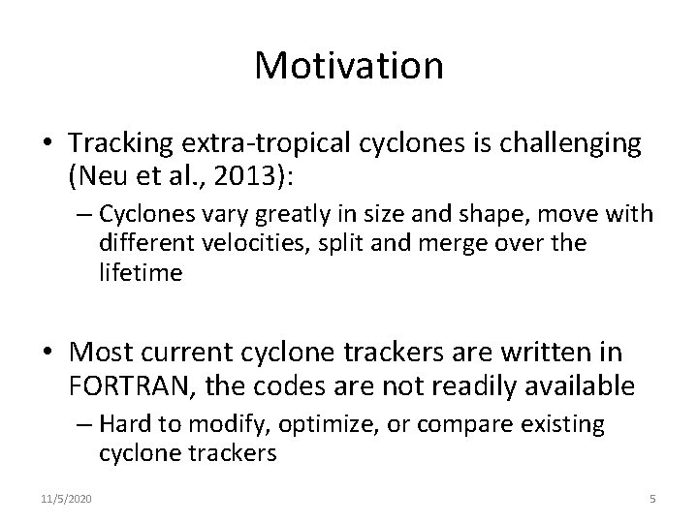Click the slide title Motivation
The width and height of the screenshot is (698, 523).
pos(349,66)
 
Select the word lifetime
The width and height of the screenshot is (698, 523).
pos(140,272)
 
